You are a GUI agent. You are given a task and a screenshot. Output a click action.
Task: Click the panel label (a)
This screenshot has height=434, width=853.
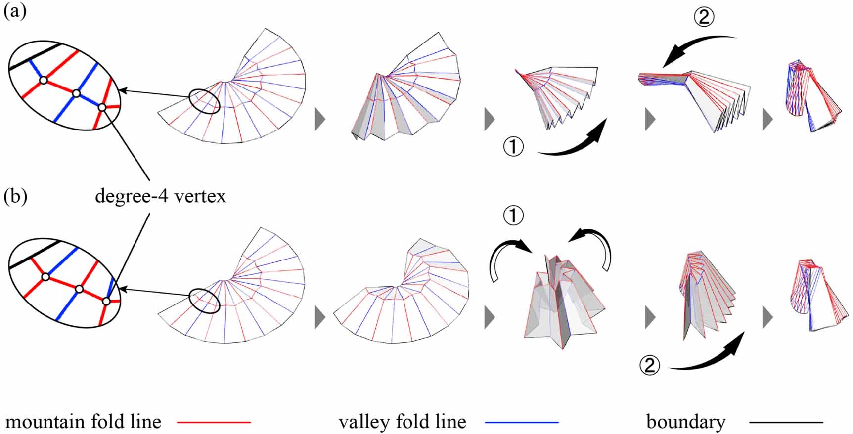tap(15, 11)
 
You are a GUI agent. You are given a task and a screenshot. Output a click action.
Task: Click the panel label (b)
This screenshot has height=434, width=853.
tap(15, 196)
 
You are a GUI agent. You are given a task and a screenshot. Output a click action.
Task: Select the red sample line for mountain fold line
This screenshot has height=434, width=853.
tap(214, 422)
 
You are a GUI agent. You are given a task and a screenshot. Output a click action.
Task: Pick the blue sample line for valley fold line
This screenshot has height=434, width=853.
tap(522, 422)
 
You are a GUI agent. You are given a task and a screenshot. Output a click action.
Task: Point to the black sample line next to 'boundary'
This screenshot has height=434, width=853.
tap(786, 422)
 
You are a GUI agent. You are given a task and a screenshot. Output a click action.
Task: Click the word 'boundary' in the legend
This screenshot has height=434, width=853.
tap(686, 422)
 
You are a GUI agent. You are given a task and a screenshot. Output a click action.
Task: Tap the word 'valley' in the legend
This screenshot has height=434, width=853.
tap(360, 422)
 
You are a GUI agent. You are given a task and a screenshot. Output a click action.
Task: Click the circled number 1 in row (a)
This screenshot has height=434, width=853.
tap(513, 147)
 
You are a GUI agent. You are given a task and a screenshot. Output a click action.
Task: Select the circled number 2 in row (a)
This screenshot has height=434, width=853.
tap(704, 18)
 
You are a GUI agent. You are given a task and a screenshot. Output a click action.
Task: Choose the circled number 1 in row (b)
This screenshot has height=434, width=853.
tap(513, 216)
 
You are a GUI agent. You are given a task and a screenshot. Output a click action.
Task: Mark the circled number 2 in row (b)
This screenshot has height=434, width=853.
tap(649, 365)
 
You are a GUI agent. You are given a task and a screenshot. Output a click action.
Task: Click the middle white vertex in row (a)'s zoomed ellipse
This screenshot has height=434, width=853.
tap(76, 93)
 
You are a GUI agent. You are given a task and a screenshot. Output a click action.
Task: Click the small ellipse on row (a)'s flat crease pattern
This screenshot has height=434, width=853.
tap(204, 101)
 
